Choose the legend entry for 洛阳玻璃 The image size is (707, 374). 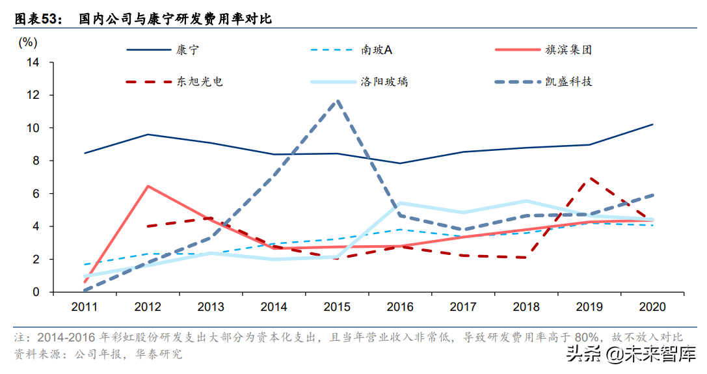384,82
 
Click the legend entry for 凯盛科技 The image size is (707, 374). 568,82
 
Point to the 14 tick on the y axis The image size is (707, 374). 33,62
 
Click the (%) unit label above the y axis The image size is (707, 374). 29,42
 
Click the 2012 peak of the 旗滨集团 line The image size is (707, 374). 148,186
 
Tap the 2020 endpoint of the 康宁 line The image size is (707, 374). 652,124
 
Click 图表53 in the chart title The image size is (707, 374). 36,20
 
